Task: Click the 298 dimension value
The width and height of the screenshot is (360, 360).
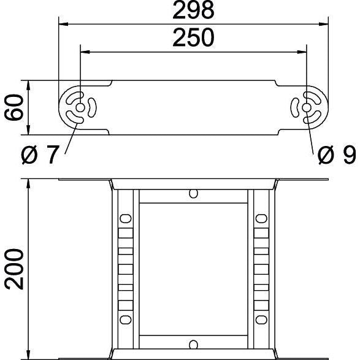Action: click(x=193, y=10)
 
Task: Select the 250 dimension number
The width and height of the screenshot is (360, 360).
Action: click(x=193, y=37)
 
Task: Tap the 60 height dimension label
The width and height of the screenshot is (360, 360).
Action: click(x=14, y=107)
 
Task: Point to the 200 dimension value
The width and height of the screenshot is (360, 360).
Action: click(x=14, y=269)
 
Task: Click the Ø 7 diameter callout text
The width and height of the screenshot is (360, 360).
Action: click(x=40, y=155)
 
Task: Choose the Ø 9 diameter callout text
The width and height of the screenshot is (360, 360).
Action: click(x=337, y=155)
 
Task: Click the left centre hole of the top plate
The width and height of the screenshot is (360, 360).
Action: click(x=80, y=108)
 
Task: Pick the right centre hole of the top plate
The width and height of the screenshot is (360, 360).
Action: click(x=307, y=107)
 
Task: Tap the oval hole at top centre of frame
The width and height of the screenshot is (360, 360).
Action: click(x=193, y=194)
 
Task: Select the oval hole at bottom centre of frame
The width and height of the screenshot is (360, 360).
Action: click(x=193, y=345)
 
